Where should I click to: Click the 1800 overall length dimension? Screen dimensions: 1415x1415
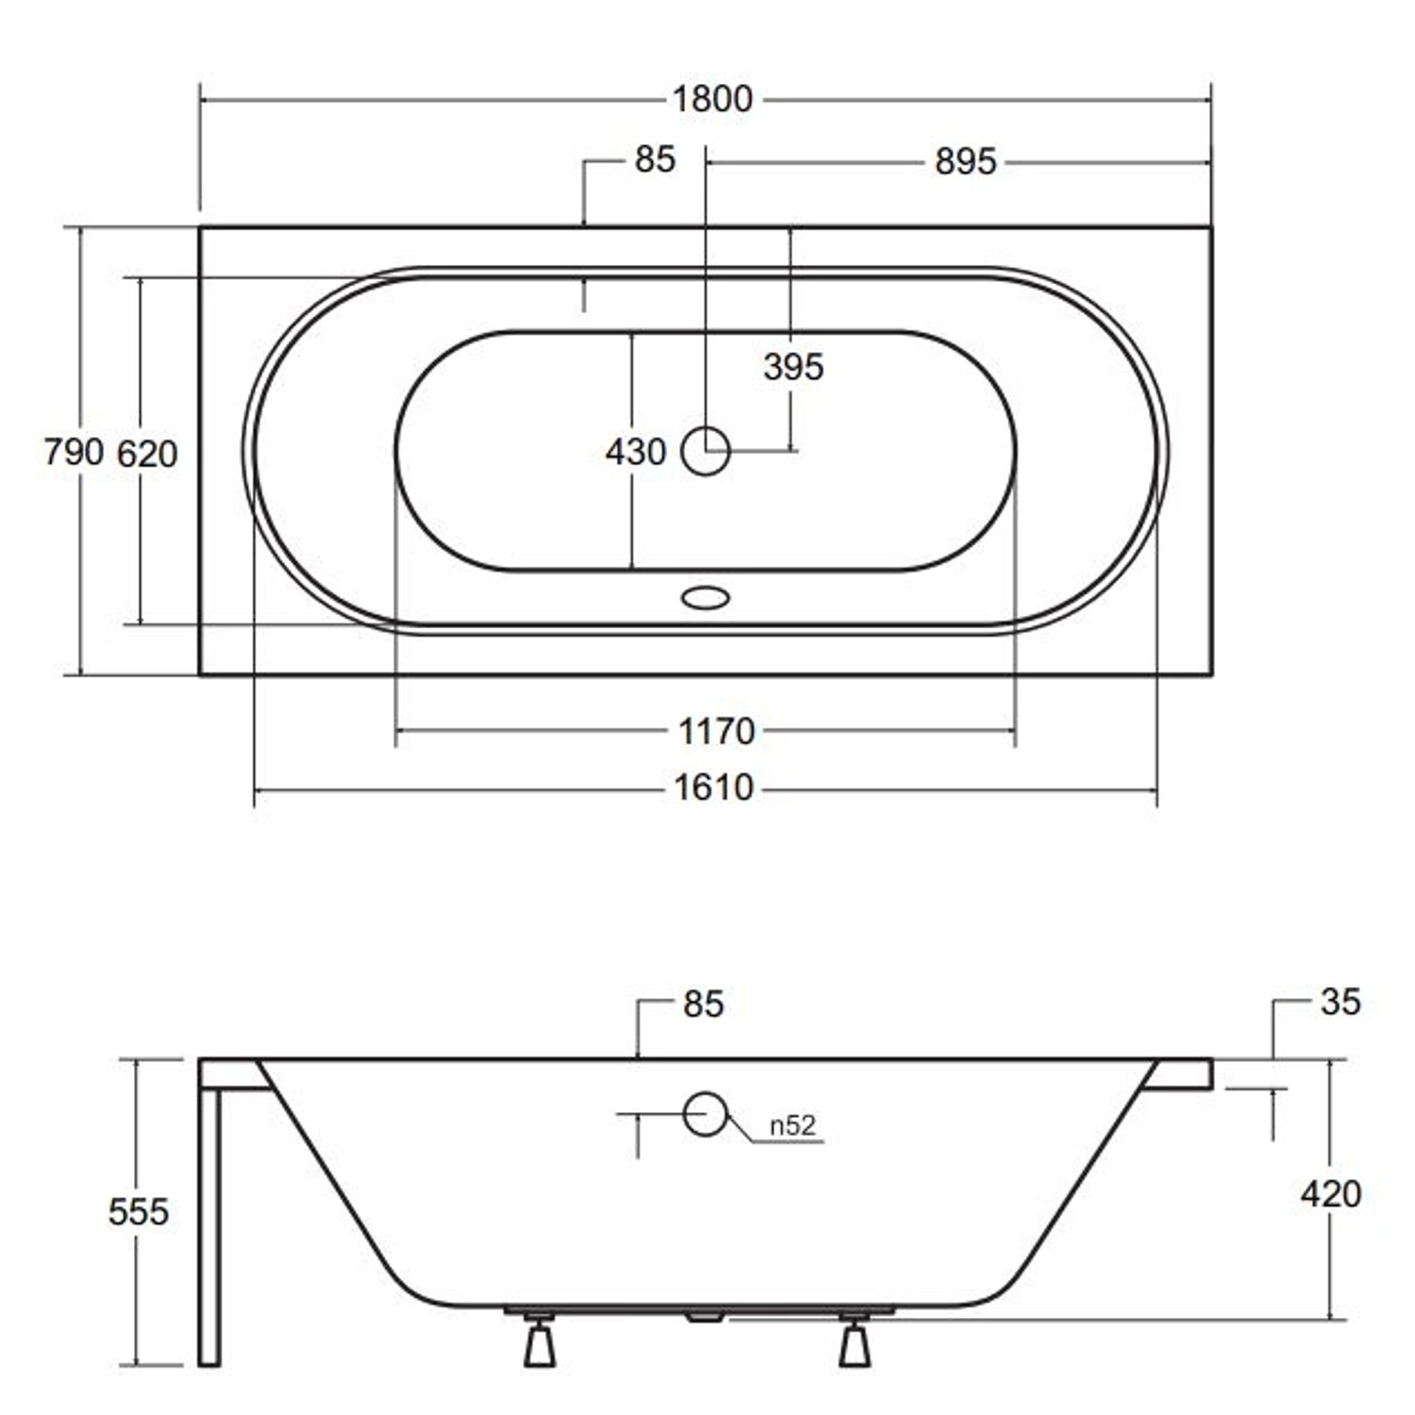(712, 99)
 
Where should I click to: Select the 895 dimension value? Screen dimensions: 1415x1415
(965, 162)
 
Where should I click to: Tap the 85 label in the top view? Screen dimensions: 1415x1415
(655, 159)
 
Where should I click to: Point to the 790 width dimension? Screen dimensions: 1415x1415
(73, 453)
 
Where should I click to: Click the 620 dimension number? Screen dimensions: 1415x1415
(147, 455)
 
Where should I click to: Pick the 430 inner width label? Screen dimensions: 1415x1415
(635, 452)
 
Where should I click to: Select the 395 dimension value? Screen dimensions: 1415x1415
(793, 367)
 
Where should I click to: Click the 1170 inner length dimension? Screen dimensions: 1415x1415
(717, 731)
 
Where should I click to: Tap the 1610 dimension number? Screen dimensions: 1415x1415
(713, 788)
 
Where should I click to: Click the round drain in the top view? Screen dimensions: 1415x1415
(705, 451)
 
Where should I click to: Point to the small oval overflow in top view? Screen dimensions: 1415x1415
(705, 597)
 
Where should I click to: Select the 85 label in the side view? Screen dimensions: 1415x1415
(703, 1005)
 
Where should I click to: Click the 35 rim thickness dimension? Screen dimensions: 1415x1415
(1340, 1002)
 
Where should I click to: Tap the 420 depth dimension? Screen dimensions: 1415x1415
(1330, 1194)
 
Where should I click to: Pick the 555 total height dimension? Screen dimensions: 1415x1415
(138, 1212)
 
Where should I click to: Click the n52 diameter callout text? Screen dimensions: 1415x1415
(791, 1125)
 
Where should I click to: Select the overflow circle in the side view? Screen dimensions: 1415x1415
(705, 1114)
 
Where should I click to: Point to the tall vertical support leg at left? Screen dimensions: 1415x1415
(209, 1226)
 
